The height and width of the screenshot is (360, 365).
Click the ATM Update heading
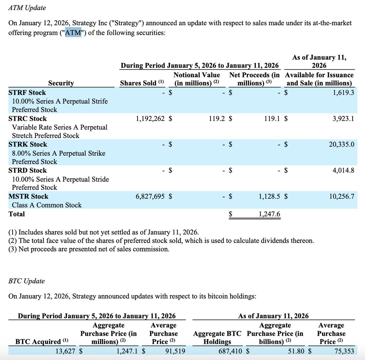(27, 8)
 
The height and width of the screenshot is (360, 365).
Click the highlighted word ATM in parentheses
(73, 33)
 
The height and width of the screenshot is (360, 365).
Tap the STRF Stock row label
(27, 92)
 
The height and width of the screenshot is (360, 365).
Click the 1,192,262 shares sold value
(150, 119)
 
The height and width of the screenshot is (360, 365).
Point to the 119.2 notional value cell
(217, 119)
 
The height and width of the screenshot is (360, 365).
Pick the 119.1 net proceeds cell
(272, 119)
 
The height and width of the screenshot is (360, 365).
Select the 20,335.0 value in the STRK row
(341, 144)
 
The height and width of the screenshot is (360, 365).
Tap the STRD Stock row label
(28, 170)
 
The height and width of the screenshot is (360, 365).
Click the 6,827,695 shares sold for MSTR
(150, 196)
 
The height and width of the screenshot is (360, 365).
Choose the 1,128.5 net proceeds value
(269, 196)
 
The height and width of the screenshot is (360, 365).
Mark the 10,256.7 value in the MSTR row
(341, 196)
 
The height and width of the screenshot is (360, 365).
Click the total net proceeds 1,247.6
(269, 214)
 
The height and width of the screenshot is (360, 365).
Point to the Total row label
(17, 214)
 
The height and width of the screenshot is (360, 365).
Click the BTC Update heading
(26, 281)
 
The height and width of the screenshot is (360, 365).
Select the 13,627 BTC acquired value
(65, 351)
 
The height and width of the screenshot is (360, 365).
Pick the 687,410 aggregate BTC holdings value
(230, 351)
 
